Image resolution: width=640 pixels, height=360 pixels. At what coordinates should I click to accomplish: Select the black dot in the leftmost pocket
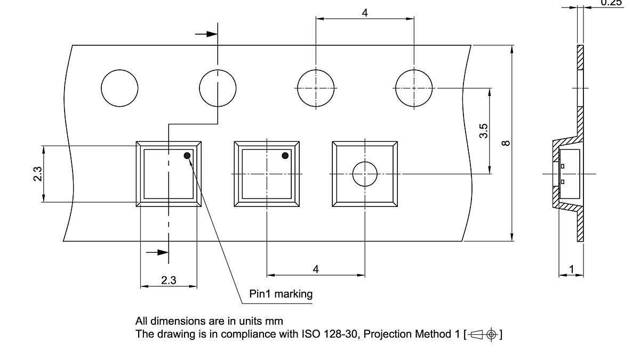click(x=187, y=156)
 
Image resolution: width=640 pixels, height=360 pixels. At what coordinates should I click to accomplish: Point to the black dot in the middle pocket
click(x=285, y=156)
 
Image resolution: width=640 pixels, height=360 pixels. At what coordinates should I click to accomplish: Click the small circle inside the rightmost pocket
click(x=365, y=174)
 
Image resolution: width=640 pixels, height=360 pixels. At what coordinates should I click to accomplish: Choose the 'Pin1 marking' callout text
click(x=281, y=294)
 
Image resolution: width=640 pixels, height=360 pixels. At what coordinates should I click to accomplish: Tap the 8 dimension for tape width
click(x=506, y=142)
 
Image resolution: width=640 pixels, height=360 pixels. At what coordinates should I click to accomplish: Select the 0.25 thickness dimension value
click(x=611, y=3)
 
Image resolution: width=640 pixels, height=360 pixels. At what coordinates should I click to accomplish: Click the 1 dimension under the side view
click(x=572, y=270)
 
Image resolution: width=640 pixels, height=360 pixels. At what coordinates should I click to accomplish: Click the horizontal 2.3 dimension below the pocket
click(x=169, y=281)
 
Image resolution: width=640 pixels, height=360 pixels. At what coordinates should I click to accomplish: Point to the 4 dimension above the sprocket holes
click(x=365, y=13)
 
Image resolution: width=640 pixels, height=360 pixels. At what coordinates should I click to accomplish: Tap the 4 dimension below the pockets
click(x=316, y=269)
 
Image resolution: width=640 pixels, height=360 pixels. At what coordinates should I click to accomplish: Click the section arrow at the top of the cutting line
click(x=207, y=34)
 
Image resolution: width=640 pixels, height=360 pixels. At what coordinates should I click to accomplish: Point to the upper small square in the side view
click(x=563, y=166)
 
